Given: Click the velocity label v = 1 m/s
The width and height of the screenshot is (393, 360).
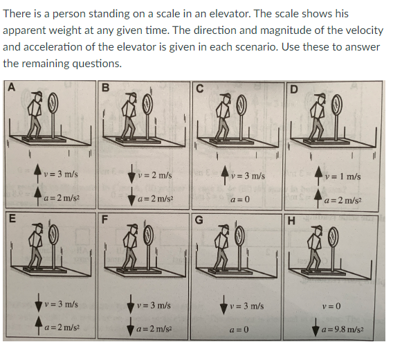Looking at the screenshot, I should (x=344, y=176).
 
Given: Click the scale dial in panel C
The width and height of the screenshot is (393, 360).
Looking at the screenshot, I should (x=242, y=105).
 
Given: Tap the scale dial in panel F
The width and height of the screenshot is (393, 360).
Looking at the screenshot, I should (x=147, y=237).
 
